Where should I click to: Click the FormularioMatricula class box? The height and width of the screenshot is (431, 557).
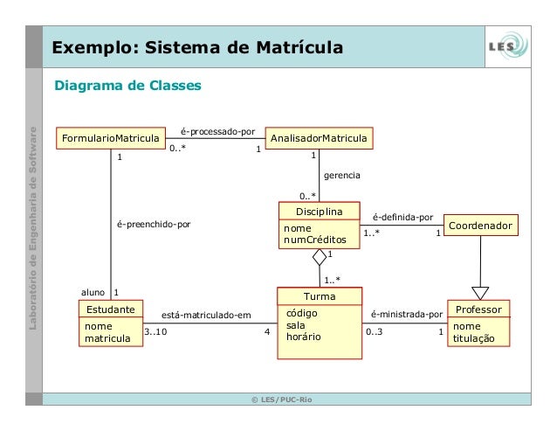110,139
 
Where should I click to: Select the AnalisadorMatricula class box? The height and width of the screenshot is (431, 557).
319,139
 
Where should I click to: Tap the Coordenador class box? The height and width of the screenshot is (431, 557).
480,226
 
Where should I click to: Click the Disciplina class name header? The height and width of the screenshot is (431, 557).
319,212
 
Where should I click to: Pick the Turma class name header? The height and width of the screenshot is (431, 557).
319,297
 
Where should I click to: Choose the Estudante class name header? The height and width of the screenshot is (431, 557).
110,309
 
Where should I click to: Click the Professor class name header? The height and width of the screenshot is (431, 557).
480,309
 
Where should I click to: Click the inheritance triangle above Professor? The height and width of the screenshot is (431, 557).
480,293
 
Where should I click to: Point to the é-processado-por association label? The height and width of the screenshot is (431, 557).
217,130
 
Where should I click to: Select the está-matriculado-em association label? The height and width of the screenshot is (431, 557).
207,314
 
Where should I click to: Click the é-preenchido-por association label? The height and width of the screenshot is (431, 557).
154,224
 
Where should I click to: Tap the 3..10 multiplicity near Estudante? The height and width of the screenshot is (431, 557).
155,332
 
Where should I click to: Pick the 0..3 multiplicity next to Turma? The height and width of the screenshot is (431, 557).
375,332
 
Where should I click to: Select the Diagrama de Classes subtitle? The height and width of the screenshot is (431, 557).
128,86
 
